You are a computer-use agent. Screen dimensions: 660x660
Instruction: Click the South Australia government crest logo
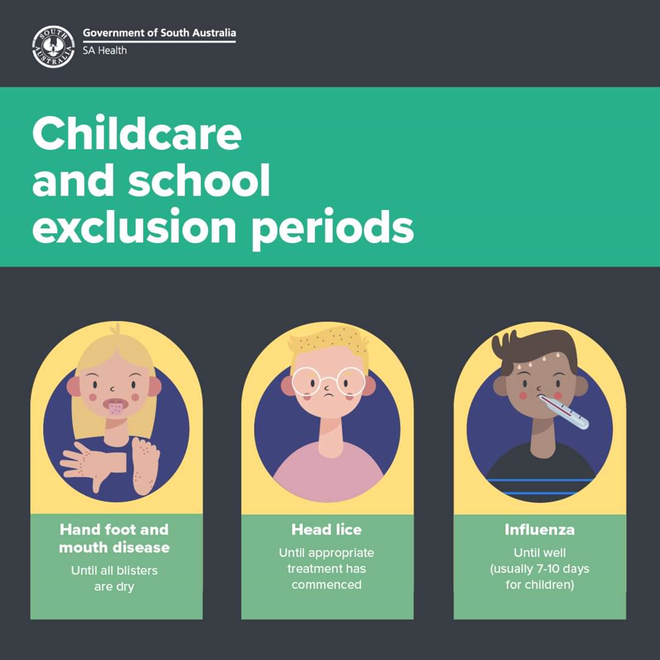click(x=53, y=46)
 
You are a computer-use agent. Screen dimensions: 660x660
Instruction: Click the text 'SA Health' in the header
click(x=104, y=51)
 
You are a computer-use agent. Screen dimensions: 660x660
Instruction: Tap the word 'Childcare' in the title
click(x=137, y=133)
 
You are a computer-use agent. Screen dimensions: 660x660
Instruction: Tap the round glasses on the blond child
click(x=328, y=381)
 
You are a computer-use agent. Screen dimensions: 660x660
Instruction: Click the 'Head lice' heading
click(x=326, y=529)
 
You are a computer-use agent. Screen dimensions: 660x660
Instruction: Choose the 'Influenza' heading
click(x=540, y=529)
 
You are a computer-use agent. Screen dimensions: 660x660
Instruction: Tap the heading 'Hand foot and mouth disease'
click(x=114, y=538)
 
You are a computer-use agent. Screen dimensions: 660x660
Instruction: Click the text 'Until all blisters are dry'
click(x=114, y=578)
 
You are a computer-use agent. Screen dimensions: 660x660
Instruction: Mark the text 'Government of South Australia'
click(x=159, y=33)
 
